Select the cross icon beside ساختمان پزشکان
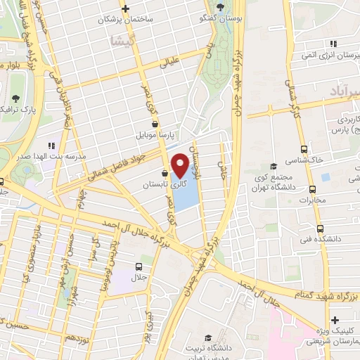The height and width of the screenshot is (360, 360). point(124,9)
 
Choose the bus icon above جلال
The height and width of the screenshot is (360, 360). point(138,266)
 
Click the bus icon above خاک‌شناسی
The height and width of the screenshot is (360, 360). point(304,149)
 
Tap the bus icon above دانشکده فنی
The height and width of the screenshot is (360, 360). point(320,228)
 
